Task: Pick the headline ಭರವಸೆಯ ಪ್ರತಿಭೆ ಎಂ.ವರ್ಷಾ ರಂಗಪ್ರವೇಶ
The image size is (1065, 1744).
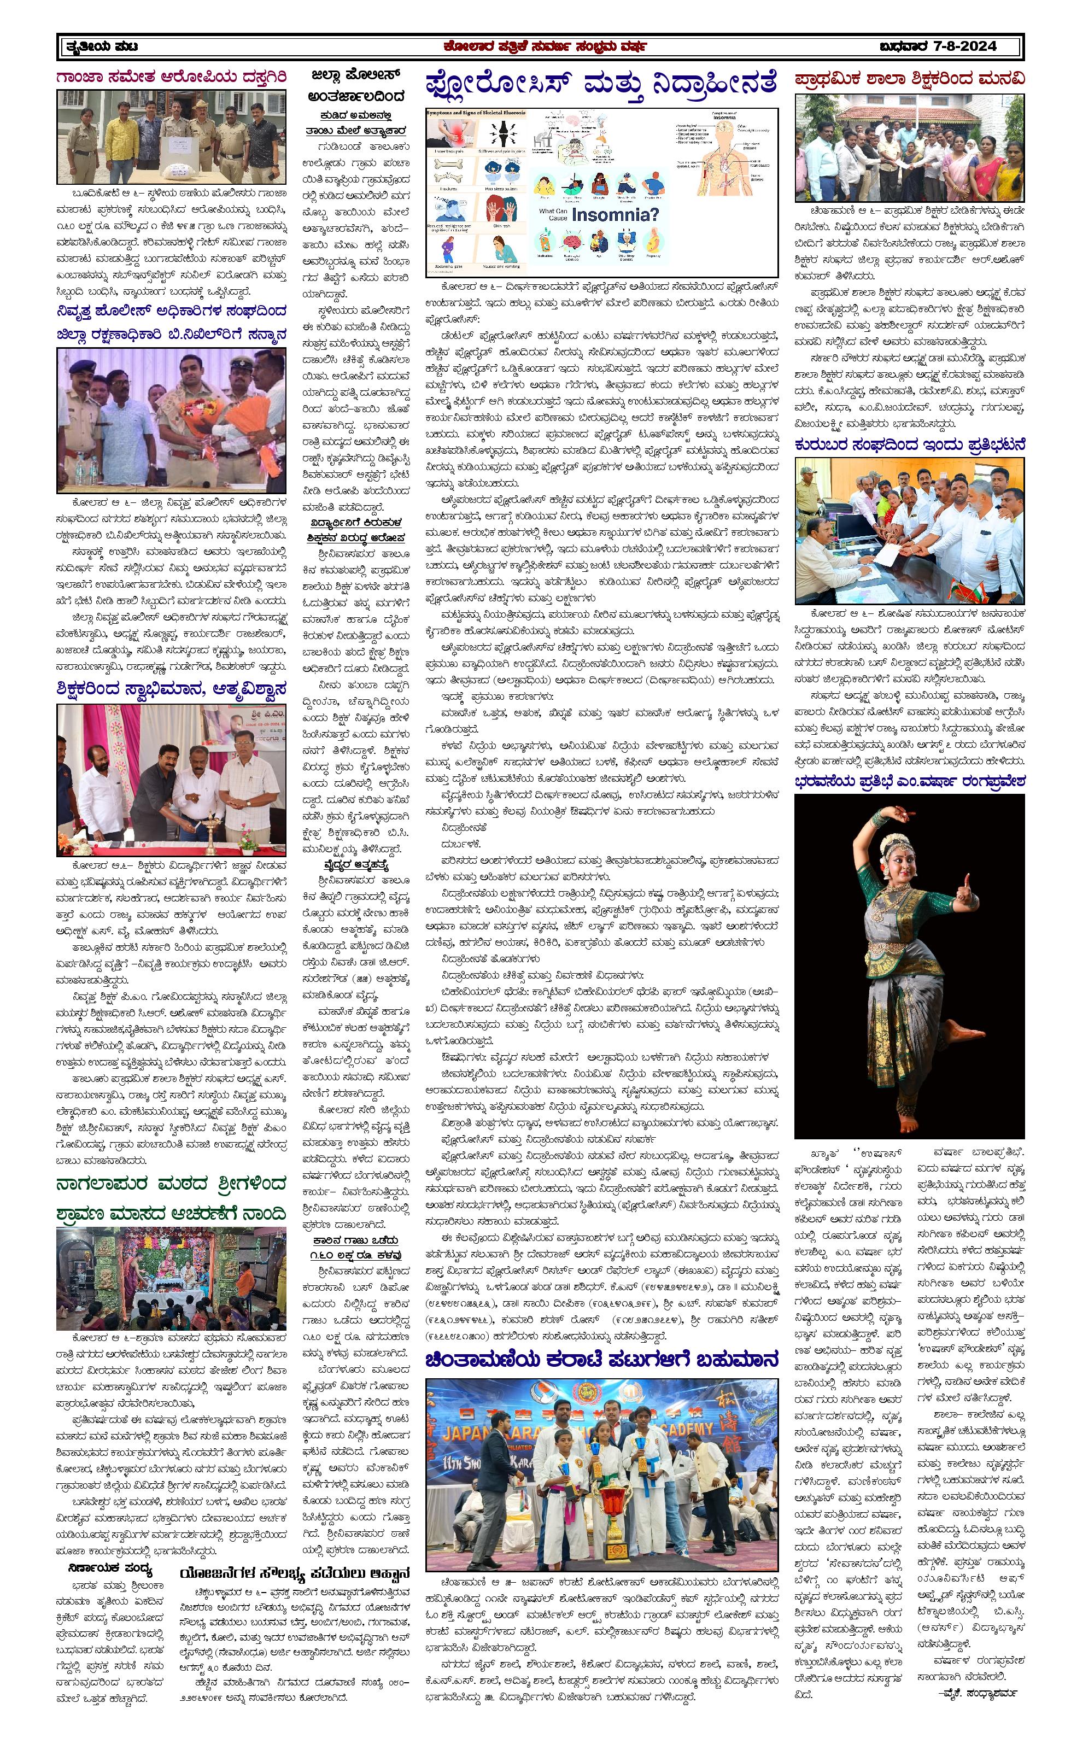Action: point(909,781)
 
